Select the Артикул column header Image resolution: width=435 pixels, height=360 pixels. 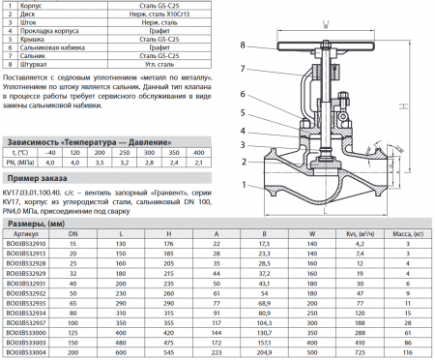click(x=29, y=234)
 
